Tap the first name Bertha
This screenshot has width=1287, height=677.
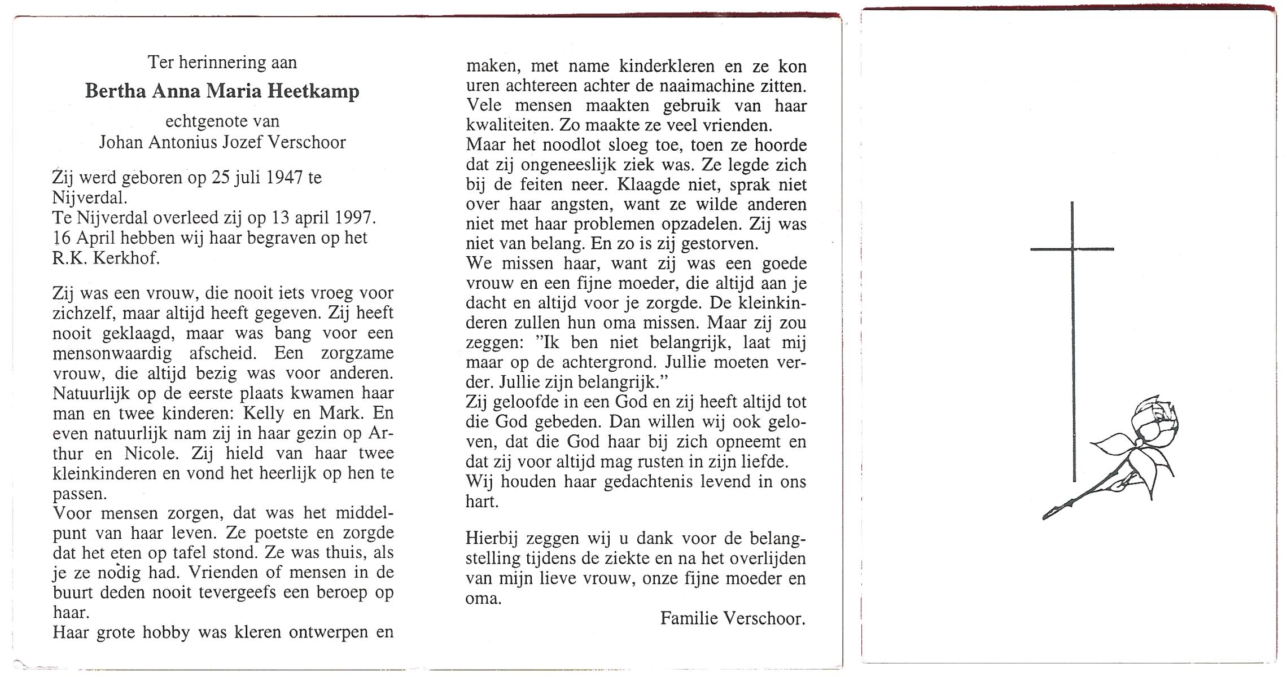(115, 91)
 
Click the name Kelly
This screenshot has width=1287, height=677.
(263, 413)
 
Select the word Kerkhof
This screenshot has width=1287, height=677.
(132, 258)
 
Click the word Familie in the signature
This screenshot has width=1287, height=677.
(689, 619)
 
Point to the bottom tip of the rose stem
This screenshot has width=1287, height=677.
(1045, 517)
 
